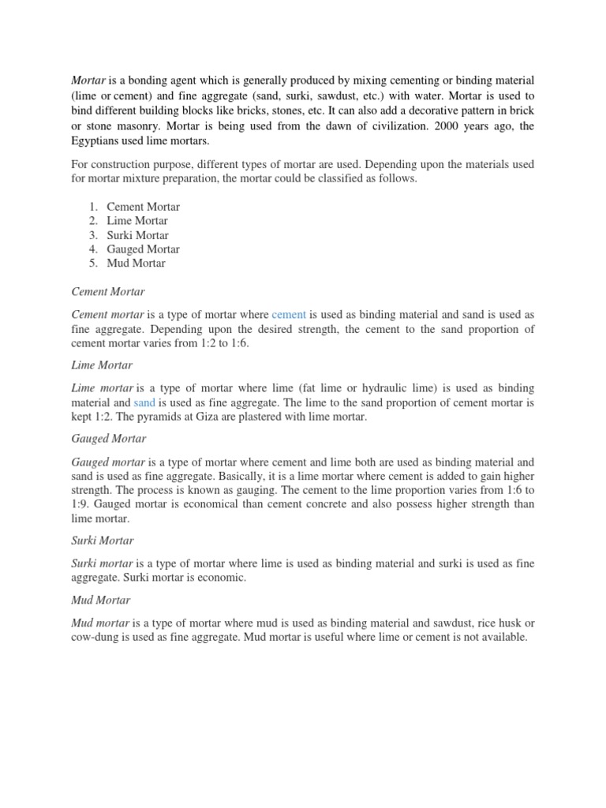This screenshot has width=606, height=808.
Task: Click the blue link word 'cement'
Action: click(x=289, y=315)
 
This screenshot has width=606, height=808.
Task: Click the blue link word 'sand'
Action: click(x=144, y=402)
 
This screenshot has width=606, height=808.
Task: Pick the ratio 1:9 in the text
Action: click(x=82, y=504)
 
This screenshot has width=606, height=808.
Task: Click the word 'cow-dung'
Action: click(x=94, y=637)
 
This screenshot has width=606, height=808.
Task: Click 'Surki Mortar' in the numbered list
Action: click(x=138, y=235)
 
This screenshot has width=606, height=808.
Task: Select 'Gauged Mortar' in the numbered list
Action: click(x=144, y=249)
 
